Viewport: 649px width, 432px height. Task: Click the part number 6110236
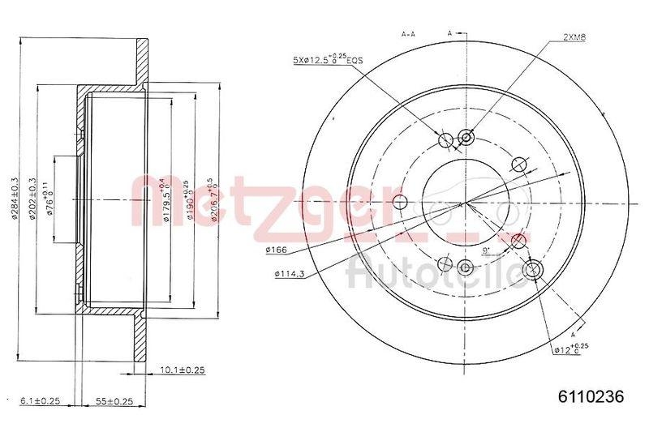(591, 397)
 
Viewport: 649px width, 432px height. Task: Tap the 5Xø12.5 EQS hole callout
(328, 59)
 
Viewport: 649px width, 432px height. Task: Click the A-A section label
(410, 34)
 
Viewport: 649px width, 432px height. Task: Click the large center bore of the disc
(459, 202)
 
